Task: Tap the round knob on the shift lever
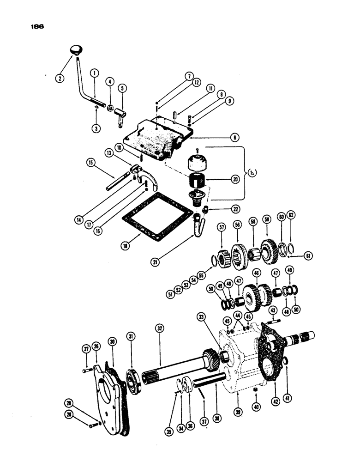pyautogui.click(x=76, y=50)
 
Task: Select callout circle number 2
pyautogui.click(x=60, y=78)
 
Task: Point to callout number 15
pyautogui.click(x=91, y=162)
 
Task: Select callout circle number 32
pyautogui.click(x=160, y=329)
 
